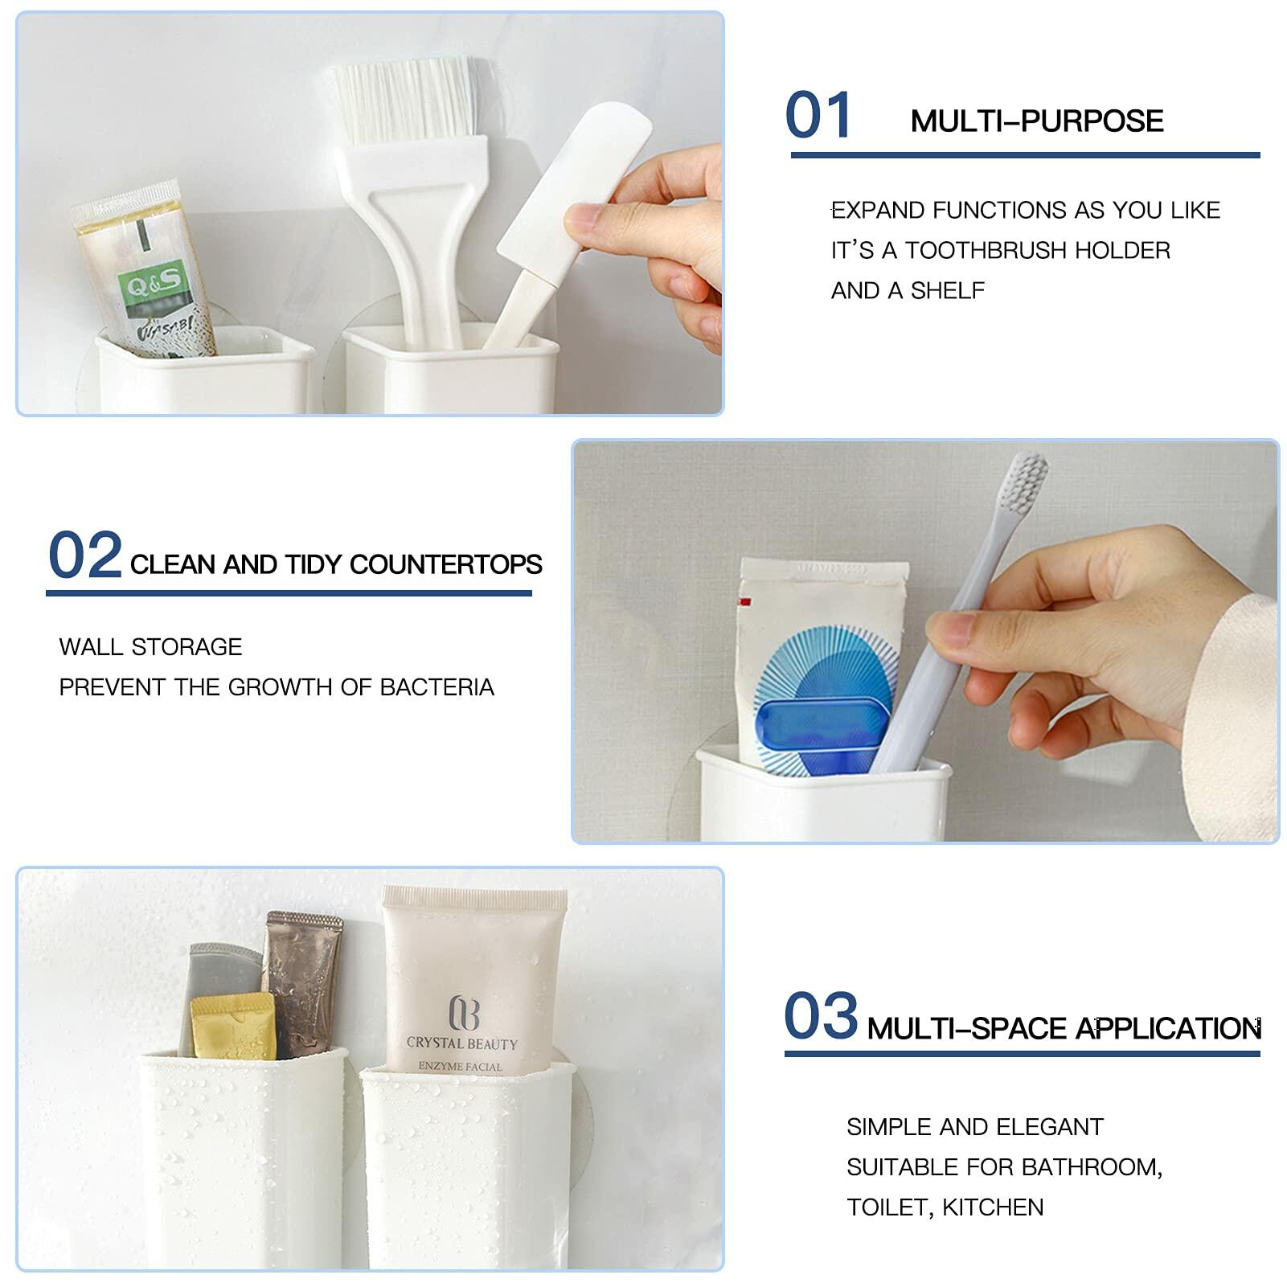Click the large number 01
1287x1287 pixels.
pos(818,116)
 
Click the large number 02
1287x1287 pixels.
pos(84,555)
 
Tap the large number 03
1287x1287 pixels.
pos(820,1017)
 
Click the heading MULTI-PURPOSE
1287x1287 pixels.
pos(1036,121)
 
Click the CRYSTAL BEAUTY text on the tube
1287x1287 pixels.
pos(461,1043)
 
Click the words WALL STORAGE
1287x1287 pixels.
pos(150,647)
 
